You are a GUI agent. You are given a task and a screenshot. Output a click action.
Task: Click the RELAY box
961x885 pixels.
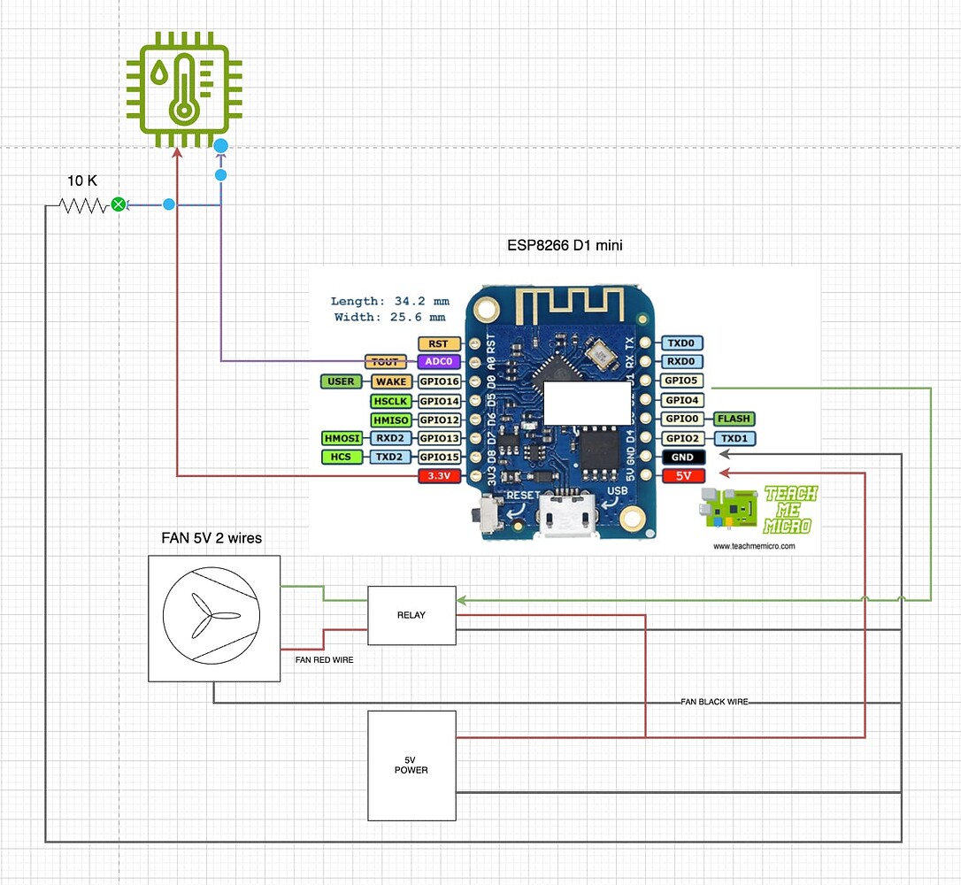click(x=411, y=615)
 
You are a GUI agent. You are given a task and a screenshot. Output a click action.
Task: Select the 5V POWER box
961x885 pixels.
click(x=411, y=765)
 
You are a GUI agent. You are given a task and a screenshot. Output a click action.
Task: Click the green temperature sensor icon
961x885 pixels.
click(x=182, y=90)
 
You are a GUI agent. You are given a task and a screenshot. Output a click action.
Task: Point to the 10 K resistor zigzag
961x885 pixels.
click(x=82, y=205)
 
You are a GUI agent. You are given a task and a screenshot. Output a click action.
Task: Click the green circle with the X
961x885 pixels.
click(x=118, y=205)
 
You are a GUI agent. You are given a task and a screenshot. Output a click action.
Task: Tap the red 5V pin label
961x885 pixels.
click(x=683, y=476)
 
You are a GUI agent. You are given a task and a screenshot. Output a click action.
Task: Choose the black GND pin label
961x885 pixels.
click(x=683, y=458)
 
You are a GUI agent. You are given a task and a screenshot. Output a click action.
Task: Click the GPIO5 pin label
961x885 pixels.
click(x=683, y=381)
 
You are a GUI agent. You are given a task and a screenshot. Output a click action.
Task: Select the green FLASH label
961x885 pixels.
click(x=734, y=419)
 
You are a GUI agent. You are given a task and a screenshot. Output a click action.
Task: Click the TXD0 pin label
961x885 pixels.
click(x=683, y=343)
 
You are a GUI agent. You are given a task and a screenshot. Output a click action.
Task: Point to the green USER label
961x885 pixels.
click(x=341, y=381)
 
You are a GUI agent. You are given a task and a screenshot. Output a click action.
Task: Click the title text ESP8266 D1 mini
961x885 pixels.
click(x=565, y=245)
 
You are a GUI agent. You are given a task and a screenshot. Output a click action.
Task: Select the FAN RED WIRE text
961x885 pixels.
click(x=325, y=659)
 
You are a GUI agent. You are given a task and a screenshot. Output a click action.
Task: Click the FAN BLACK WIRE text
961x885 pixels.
click(x=714, y=702)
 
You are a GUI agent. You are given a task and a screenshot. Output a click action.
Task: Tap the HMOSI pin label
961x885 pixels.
click(x=342, y=438)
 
